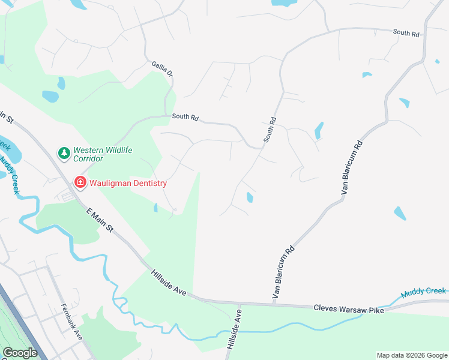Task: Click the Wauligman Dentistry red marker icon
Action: click(79, 181)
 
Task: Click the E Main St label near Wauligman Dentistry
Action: click(100, 220)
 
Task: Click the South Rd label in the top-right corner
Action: click(406, 33)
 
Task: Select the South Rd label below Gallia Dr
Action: click(185, 117)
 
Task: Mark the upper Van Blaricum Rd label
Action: click(352, 168)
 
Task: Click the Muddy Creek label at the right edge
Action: click(424, 292)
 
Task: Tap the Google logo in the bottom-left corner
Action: click(20, 353)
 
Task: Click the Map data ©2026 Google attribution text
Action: click(411, 355)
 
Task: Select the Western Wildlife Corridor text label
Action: click(103, 154)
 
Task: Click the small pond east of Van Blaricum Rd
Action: click(399, 213)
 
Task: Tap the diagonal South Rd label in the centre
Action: click(270, 129)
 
